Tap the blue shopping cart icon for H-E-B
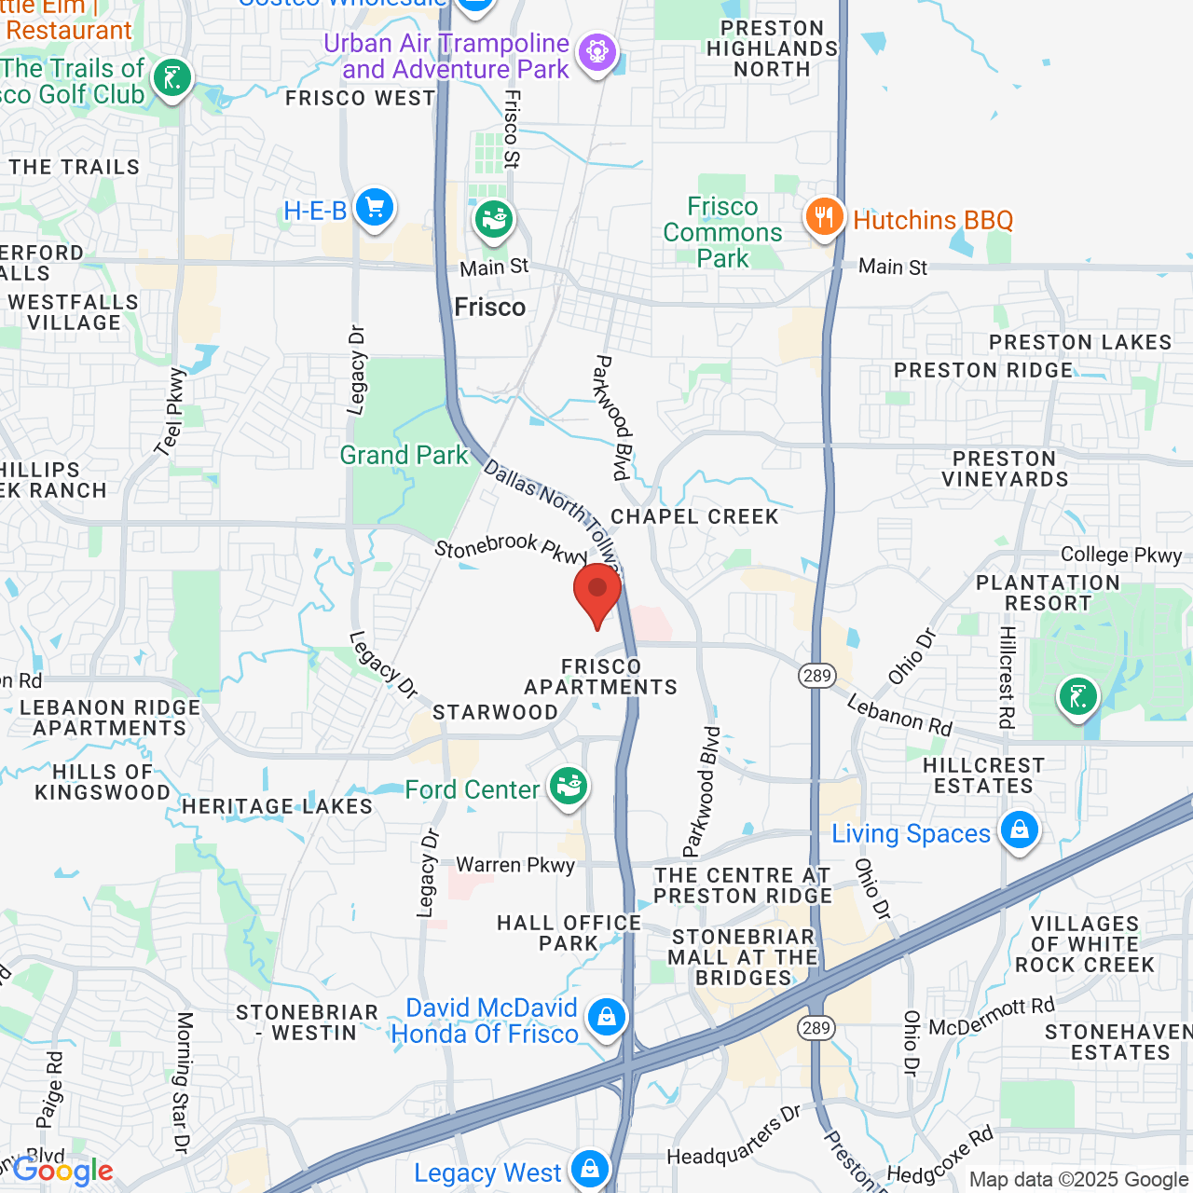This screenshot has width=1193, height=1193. pyautogui.click(x=375, y=208)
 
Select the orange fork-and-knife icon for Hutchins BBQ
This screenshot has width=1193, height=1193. pyautogui.click(x=824, y=218)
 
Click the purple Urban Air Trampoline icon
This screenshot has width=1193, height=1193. pyautogui.click(x=597, y=50)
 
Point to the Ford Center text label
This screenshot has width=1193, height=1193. pyautogui.click(x=472, y=789)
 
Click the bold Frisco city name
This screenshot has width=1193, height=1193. pyautogui.click(x=490, y=307)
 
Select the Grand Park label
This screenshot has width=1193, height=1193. pyautogui.click(x=404, y=455)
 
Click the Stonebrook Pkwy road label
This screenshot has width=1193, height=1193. pyautogui.click(x=511, y=548)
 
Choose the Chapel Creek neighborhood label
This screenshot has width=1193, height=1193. pyautogui.click(x=694, y=516)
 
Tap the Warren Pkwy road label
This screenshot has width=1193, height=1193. pyautogui.click(x=515, y=865)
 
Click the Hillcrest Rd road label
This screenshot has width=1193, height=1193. pyautogui.click(x=1007, y=676)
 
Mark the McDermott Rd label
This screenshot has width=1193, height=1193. pyautogui.click(x=992, y=1017)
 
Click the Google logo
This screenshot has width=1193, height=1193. pyautogui.click(x=62, y=1172)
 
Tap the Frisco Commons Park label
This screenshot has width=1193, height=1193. pyautogui.click(x=722, y=232)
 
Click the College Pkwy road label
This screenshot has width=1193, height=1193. pyautogui.click(x=1121, y=555)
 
